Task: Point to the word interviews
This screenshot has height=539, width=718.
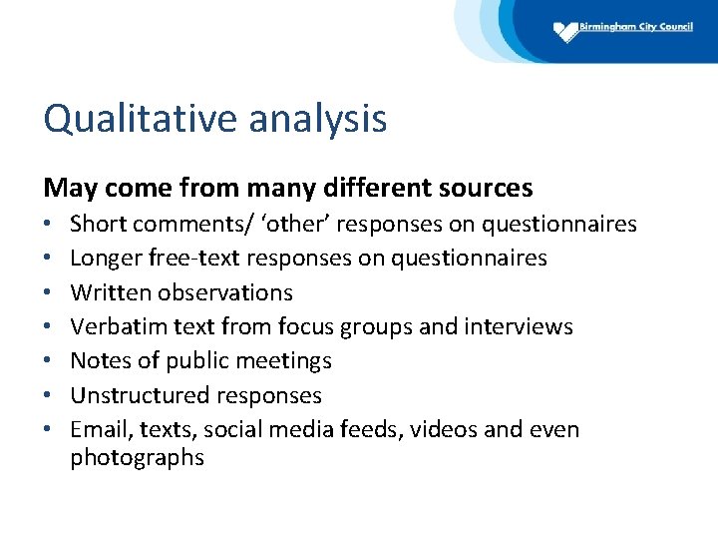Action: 525,326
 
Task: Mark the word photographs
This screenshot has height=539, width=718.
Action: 137,458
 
